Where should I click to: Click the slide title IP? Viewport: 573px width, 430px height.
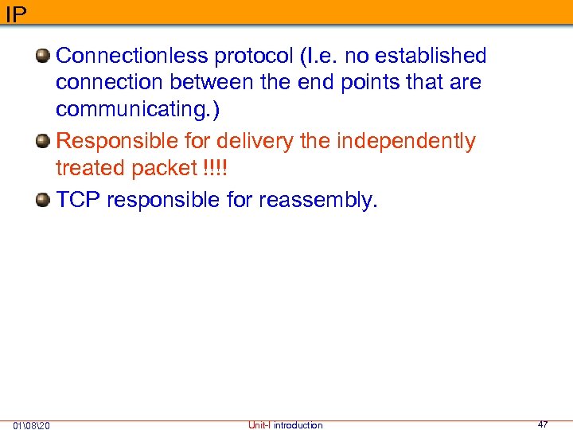15,14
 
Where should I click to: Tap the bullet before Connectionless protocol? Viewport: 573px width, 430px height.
45,56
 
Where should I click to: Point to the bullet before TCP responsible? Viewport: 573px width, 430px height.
45,200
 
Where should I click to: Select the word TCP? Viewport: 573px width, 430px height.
78,200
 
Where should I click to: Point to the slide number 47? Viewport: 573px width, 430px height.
543,424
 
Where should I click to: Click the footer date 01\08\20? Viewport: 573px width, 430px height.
32,425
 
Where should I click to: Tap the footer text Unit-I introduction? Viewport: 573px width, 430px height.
285,425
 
